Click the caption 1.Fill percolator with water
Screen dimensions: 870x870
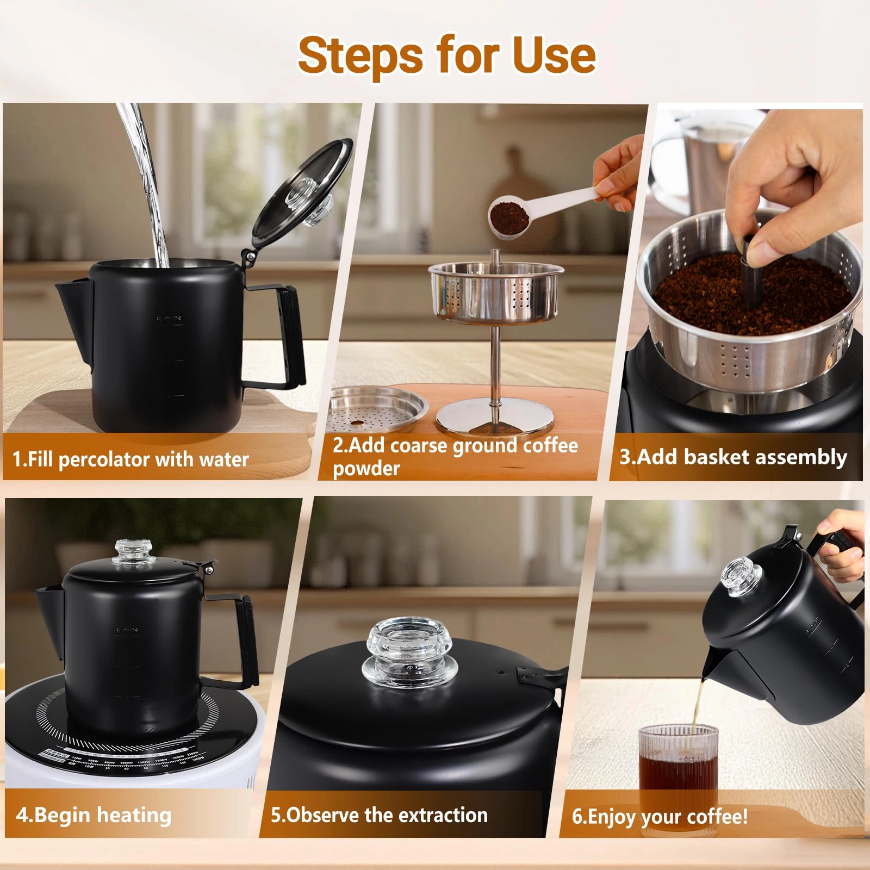(x=130, y=459)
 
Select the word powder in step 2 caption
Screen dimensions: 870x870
(x=366, y=469)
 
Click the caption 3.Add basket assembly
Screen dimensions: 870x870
(x=733, y=457)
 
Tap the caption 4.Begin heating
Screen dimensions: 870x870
(x=94, y=815)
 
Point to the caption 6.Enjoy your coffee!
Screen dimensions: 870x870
(x=660, y=816)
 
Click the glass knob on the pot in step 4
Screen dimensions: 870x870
(x=129, y=552)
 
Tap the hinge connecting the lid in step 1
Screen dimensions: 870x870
(x=250, y=254)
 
